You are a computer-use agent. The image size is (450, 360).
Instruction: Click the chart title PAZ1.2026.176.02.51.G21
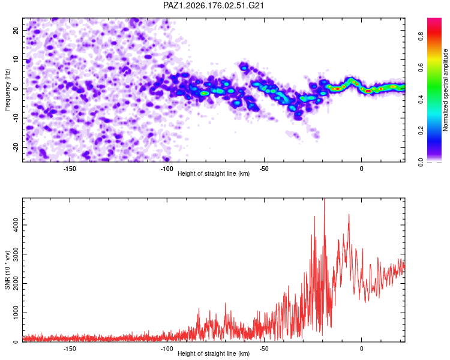click(x=213, y=5)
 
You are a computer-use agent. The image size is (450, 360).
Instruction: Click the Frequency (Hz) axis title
click(x=7, y=90)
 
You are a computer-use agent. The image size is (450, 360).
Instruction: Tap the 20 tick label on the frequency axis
click(x=16, y=31)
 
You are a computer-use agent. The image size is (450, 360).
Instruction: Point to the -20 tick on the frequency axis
click(x=16, y=148)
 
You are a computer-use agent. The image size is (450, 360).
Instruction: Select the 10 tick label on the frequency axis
click(x=16, y=60)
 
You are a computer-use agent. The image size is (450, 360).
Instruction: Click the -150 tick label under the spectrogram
click(x=69, y=169)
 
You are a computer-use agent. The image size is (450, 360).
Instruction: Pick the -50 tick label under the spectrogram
click(x=264, y=169)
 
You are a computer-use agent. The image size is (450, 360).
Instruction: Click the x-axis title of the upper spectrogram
click(x=214, y=173)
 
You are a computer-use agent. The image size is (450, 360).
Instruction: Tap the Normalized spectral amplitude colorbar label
click(x=445, y=90)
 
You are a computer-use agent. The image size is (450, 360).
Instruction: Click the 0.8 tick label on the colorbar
click(x=421, y=37)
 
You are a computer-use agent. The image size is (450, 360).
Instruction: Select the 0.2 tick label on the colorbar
click(x=421, y=131)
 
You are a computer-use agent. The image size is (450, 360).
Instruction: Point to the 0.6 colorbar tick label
click(x=421, y=68)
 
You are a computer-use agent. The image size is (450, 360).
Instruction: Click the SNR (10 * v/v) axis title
click(x=7, y=270)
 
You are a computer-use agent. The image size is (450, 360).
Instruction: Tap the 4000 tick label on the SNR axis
click(x=16, y=225)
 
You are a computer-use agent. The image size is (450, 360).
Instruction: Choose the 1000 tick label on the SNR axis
click(x=16, y=313)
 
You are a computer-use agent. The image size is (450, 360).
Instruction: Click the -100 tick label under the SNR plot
click(x=167, y=349)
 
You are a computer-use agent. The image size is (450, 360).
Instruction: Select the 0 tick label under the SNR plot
click(x=361, y=349)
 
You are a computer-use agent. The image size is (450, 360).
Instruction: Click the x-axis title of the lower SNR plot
click(x=214, y=353)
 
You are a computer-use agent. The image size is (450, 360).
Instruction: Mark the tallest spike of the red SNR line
click(x=324, y=199)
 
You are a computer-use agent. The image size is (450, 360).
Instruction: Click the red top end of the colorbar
click(x=434, y=19)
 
